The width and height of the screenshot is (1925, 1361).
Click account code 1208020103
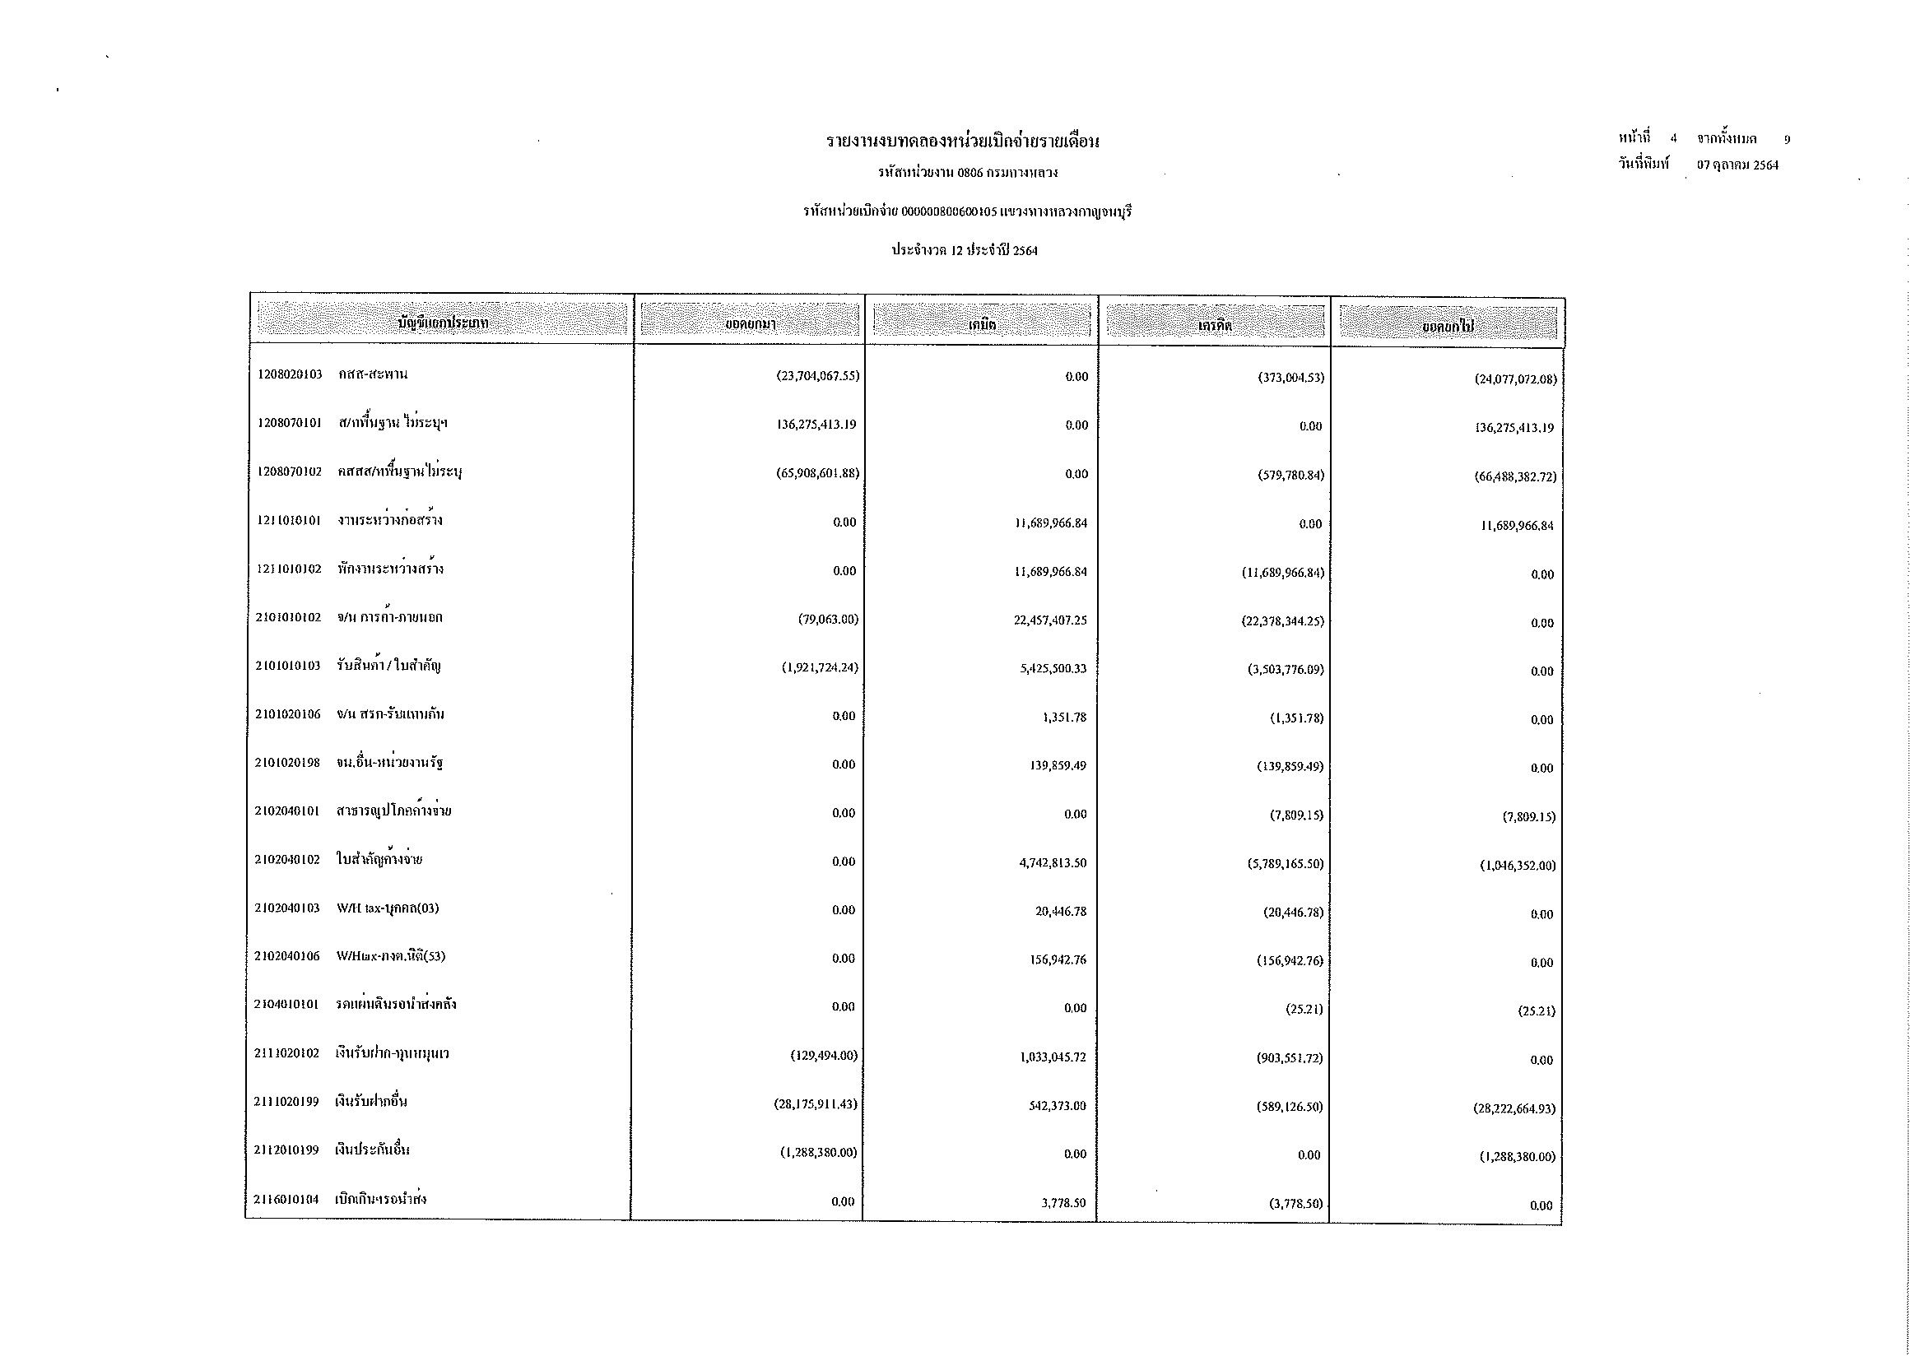point(290,374)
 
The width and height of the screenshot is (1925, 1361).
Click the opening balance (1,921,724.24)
point(820,668)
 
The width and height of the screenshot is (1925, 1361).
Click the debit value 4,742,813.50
point(1053,863)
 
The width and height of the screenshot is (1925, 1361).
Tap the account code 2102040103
point(287,908)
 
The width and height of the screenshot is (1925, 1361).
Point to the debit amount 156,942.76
point(1058,959)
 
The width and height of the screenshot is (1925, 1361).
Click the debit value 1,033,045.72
point(1053,1057)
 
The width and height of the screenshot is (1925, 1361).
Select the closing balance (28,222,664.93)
point(1514,1108)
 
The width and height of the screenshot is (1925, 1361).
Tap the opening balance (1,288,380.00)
point(818,1153)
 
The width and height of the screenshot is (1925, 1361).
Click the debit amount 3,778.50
point(1063,1204)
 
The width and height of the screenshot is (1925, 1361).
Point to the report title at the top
point(963,142)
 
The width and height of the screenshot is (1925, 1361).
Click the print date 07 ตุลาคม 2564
point(1737,165)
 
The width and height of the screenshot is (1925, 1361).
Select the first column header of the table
point(442,323)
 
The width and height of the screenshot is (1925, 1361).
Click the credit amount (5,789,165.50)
point(1286,863)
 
